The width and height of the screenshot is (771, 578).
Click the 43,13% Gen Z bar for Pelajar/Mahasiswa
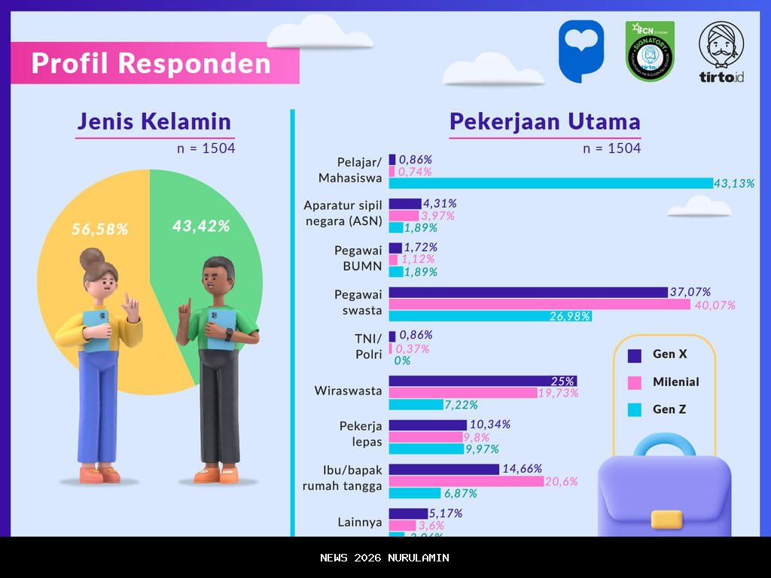tap(550, 183)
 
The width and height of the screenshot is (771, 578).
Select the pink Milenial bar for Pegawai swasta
tap(539, 305)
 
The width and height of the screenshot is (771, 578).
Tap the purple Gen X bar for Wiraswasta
tap(483, 381)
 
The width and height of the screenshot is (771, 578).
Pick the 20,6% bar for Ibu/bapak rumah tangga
tap(466, 481)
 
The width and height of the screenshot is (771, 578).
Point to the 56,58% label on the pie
tap(99, 229)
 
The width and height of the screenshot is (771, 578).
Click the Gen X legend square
tap(634, 354)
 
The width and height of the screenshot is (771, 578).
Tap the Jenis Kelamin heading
tap(154, 122)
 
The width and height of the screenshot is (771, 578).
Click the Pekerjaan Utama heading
tap(544, 122)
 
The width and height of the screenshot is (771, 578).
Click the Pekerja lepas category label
tap(361, 434)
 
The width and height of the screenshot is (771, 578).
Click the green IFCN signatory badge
tap(650, 51)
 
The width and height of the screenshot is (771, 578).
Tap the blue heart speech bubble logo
tap(581, 50)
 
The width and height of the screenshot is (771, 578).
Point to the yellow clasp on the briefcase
tap(666, 519)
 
